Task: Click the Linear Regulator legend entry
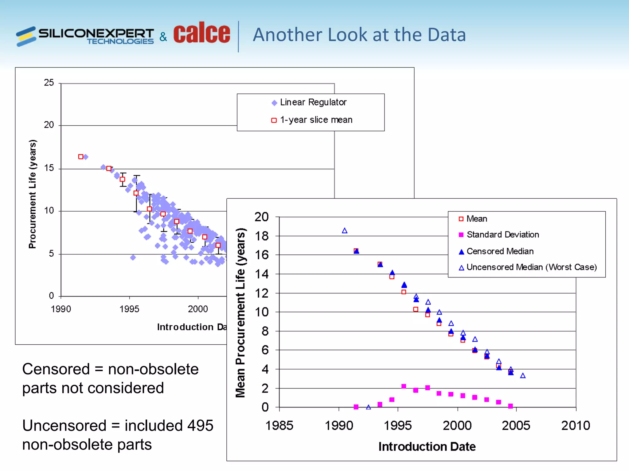313,102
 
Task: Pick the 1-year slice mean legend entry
316,120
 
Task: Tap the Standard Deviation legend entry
502,235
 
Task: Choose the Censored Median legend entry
500,251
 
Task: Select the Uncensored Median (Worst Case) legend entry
531,267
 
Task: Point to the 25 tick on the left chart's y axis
49,82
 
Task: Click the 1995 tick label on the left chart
129,309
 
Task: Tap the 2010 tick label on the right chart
576,426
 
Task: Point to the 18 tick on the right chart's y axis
262,236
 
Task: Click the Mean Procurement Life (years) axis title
240,313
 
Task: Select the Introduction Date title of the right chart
427,446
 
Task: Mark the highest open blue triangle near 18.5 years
345,231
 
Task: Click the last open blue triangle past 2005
523,376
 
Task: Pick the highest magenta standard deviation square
404,386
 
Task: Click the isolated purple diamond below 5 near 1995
133,258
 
